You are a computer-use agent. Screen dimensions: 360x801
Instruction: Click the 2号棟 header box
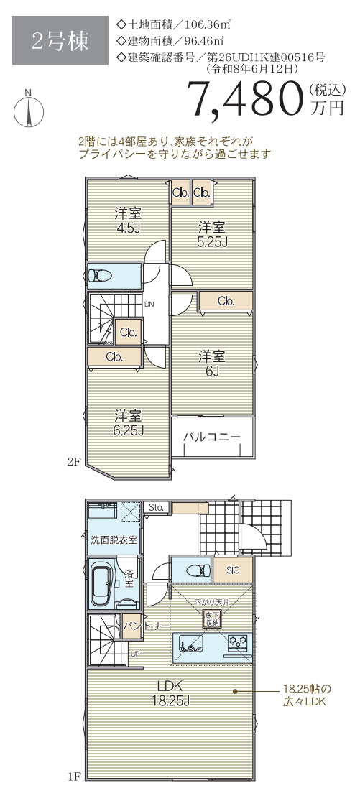[x=61, y=41]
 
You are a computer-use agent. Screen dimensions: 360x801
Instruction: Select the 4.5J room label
[x=128, y=221]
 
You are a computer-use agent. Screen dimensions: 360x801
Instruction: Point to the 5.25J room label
[x=213, y=234]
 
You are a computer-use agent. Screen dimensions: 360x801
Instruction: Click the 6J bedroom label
[x=212, y=364]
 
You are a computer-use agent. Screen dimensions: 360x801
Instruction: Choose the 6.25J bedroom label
[x=128, y=422]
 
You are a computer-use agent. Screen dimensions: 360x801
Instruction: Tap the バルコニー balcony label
[x=211, y=437]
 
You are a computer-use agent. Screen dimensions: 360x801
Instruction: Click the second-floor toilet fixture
[x=100, y=276]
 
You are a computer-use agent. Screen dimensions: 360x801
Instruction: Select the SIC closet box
[x=232, y=570]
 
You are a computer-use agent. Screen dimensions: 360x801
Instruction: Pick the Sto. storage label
[x=156, y=507]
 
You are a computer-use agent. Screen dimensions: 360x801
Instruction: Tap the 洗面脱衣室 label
[x=114, y=540]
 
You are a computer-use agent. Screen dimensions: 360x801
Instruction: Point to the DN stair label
[x=149, y=305]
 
